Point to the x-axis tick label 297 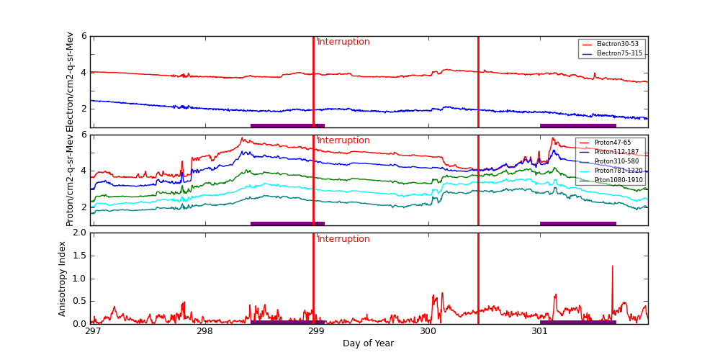(x=93, y=331)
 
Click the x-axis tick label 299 (x=316, y=331)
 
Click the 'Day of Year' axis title (x=368, y=343)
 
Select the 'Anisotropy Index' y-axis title (x=63, y=278)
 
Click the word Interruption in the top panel (x=343, y=42)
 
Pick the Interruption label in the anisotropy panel (x=343, y=239)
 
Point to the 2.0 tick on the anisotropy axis (x=80, y=233)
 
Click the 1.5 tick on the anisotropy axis (x=80, y=256)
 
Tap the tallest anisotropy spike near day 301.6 (x=613, y=266)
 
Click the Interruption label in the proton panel (x=343, y=140)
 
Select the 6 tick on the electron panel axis (x=84, y=36)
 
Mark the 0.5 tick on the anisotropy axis (x=80, y=301)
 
